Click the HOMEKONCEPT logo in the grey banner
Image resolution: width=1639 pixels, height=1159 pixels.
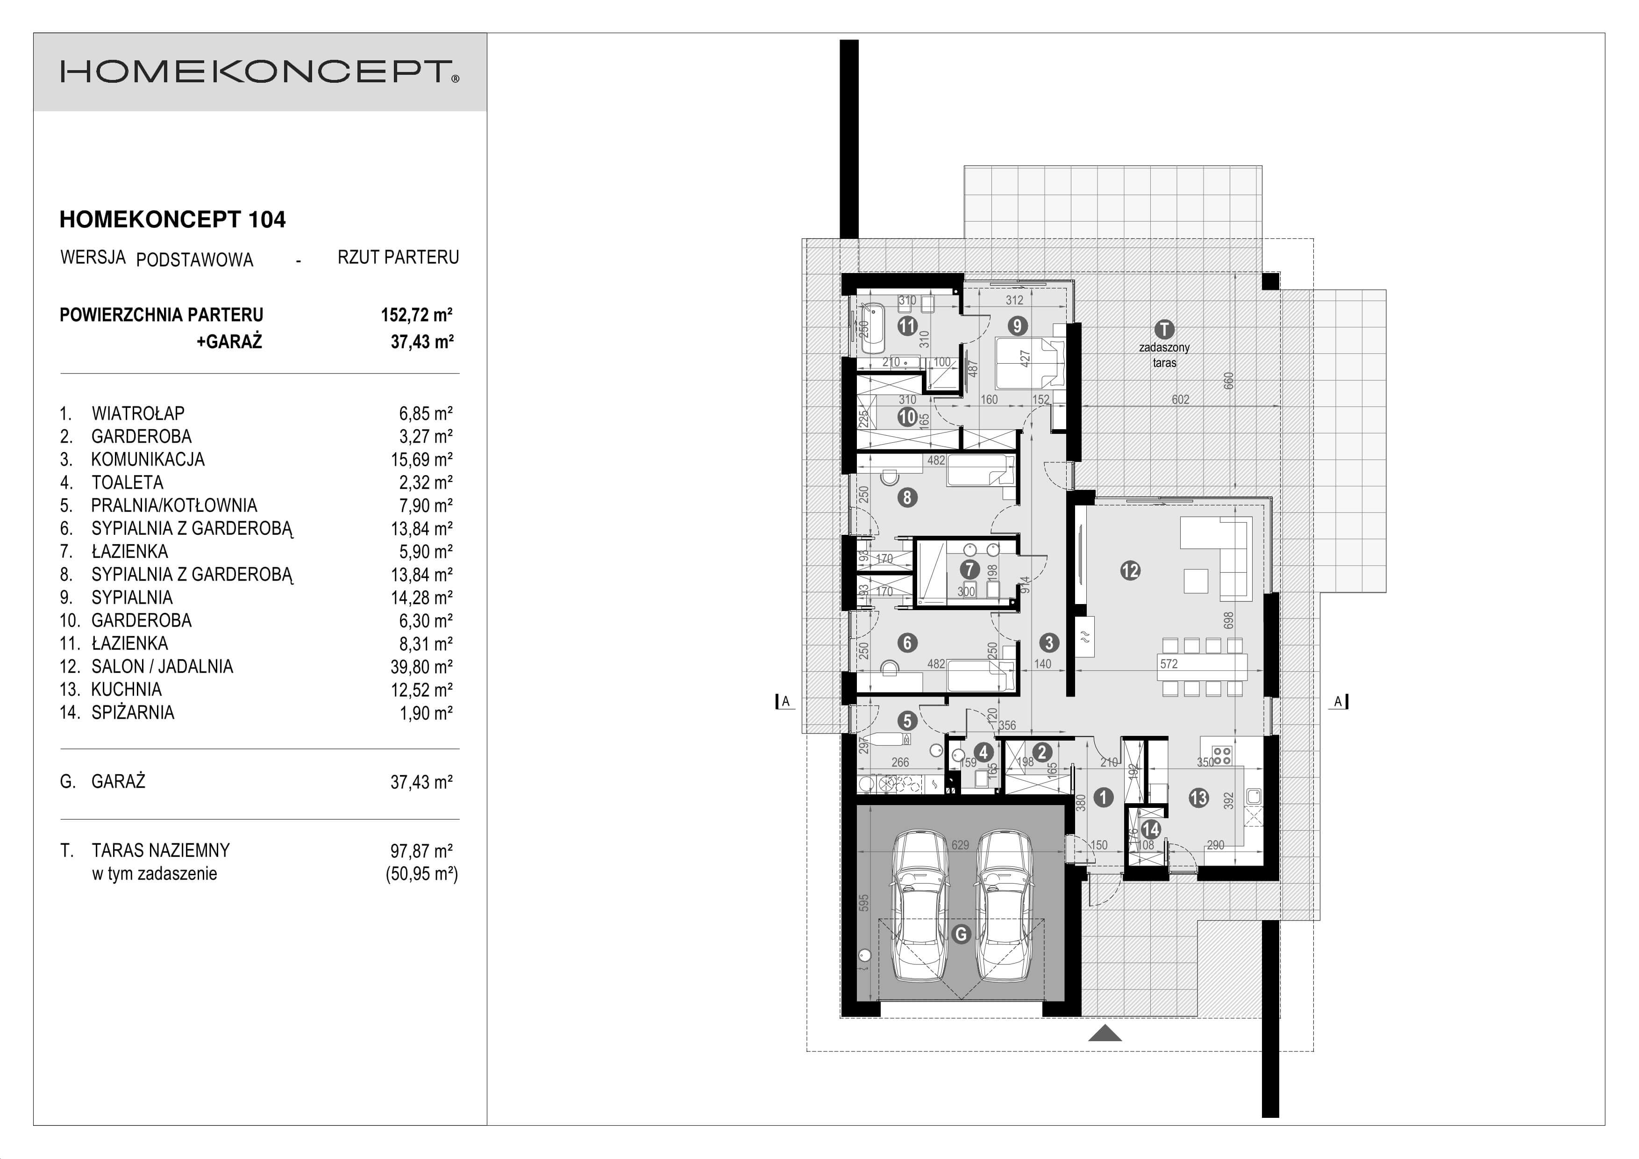click(x=259, y=72)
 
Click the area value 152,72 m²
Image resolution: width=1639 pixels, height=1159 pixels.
click(x=416, y=315)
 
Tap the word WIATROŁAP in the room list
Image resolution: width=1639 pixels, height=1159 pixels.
click(x=138, y=413)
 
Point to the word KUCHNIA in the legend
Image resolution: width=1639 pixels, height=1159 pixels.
click(x=126, y=690)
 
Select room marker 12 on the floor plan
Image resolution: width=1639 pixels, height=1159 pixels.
click(x=1130, y=570)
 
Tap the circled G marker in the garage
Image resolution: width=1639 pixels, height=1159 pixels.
click(x=962, y=934)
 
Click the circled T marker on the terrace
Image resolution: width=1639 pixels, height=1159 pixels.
click(x=1164, y=329)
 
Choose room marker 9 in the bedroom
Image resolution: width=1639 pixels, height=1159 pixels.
click(x=1017, y=326)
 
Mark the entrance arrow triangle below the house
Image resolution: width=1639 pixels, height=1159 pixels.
click(x=1105, y=1033)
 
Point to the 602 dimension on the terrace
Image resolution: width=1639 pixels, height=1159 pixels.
click(x=1180, y=400)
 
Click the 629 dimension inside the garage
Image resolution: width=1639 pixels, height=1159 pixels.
click(x=960, y=845)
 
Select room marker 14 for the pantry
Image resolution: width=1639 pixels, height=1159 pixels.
click(x=1150, y=829)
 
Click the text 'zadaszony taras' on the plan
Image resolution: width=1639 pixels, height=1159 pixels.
click(x=1164, y=355)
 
